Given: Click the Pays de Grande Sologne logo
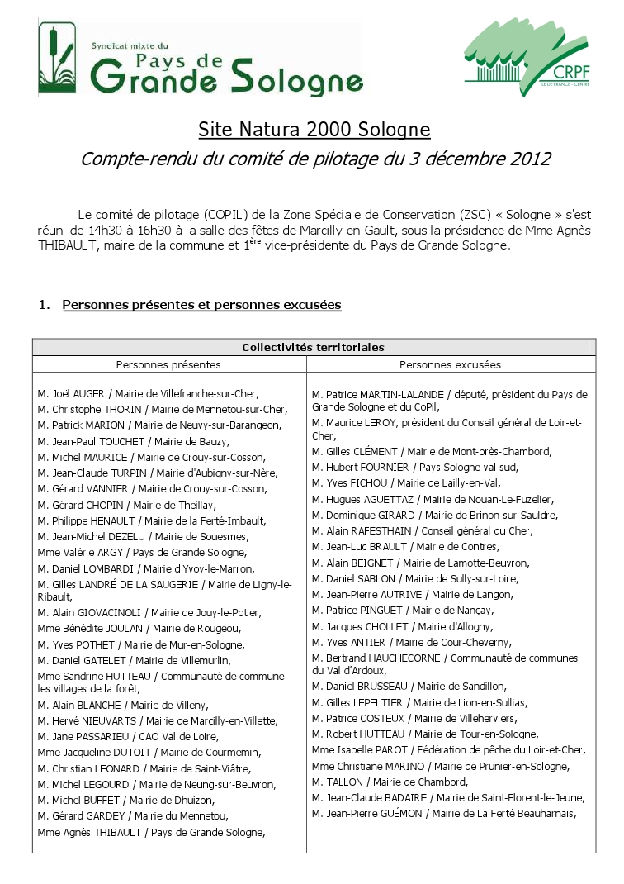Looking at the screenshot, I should tap(201, 58).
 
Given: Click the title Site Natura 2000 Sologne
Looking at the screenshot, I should tap(314, 130).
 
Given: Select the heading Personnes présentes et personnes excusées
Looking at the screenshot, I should tap(201, 305).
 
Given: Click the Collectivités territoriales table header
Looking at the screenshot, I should tap(313, 348).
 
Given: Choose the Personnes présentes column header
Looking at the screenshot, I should tap(168, 364).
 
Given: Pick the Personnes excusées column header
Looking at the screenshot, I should tap(450, 364).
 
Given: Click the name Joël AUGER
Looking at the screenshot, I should tap(78, 393).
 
